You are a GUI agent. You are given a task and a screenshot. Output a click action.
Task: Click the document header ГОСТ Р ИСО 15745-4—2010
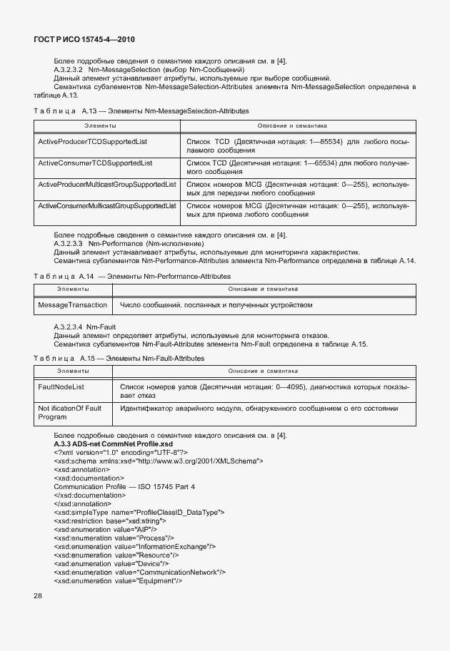coord(84,40)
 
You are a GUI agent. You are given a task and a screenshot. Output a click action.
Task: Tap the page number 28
coord(38,595)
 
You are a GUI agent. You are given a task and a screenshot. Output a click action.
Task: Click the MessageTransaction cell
coord(72,304)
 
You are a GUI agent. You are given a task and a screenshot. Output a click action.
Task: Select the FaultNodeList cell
coord(61,386)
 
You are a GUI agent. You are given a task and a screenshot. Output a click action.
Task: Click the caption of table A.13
coord(141,111)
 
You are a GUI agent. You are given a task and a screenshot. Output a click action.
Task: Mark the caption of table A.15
coord(119,357)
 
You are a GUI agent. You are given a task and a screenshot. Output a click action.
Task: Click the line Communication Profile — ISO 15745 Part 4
coord(124,486)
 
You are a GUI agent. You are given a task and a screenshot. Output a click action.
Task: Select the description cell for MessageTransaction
coord(216,304)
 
